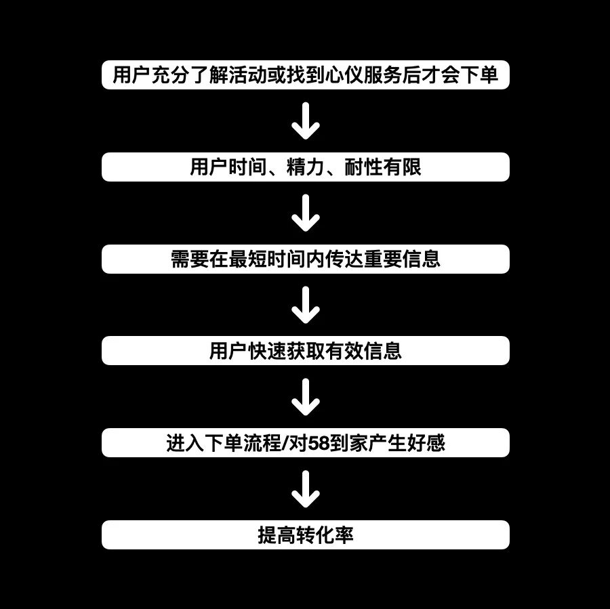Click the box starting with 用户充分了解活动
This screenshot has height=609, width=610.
point(305,75)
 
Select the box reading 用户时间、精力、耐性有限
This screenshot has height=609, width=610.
point(305,167)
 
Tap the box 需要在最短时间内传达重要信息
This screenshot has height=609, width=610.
point(305,259)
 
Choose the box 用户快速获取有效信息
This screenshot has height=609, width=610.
point(305,351)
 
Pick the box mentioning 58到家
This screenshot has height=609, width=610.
point(305,443)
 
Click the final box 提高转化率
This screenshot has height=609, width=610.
point(305,535)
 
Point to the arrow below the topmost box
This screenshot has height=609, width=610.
point(305,121)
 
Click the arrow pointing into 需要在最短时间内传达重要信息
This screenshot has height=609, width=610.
point(305,213)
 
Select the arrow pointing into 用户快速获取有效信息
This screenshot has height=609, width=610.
point(305,305)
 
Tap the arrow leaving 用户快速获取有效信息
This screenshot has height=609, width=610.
point(305,397)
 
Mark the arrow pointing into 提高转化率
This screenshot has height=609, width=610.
point(305,489)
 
